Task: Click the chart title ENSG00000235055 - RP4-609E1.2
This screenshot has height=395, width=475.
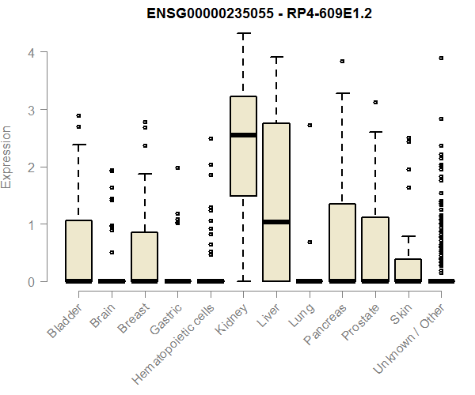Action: point(243,13)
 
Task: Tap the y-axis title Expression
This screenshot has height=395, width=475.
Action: point(7,156)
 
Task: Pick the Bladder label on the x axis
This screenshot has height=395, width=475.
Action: point(63,318)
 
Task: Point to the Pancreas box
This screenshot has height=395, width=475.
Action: point(342,242)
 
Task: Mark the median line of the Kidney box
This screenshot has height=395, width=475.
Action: point(243,135)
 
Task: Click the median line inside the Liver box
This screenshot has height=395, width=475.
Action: point(276,222)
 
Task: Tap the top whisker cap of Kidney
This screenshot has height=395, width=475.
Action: point(243,34)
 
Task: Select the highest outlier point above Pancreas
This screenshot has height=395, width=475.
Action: point(342,61)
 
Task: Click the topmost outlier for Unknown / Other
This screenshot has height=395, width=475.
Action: point(441,58)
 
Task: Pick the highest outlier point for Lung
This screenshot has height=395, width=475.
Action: point(310,125)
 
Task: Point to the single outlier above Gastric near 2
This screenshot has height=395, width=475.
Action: point(177,167)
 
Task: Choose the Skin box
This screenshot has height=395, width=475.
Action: point(408,269)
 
